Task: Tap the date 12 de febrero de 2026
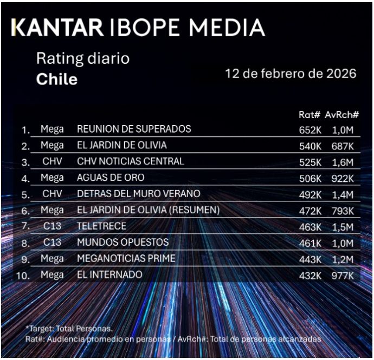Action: (291, 74)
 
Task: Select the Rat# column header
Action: (309, 115)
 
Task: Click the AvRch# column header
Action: (342, 115)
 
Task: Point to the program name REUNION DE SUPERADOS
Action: (134, 129)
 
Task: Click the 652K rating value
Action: (309, 129)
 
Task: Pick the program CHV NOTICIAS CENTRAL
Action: (131, 161)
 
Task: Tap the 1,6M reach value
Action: (343, 161)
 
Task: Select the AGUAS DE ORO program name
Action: (111, 178)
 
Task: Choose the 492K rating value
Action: (309, 194)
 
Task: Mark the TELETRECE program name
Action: (101, 226)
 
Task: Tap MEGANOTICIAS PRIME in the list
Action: (126, 259)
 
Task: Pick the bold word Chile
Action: (57, 80)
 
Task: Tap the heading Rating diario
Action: (83, 58)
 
